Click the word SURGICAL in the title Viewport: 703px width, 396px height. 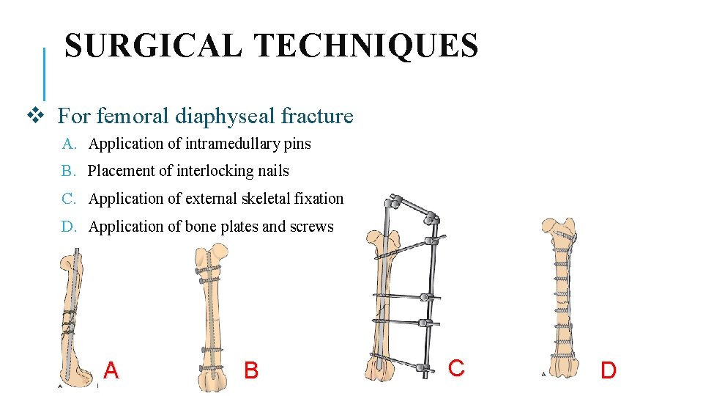[x=153, y=46]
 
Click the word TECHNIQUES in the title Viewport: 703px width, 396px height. [x=365, y=46]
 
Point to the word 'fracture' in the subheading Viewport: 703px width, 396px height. [x=316, y=116]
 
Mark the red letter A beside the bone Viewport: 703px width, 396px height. [x=111, y=370]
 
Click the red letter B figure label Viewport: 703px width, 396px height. [x=251, y=370]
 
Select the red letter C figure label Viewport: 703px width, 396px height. [x=456, y=367]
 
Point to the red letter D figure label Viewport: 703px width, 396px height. [x=608, y=370]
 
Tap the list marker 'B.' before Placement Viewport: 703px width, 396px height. [x=69, y=171]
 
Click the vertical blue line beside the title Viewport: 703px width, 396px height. [x=45, y=73]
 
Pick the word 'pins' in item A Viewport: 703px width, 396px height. [x=298, y=144]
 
